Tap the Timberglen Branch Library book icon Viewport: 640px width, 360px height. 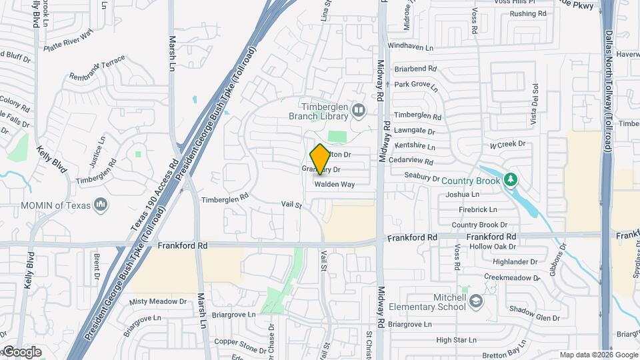(x=359, y=109)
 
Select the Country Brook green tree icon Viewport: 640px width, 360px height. (x=511, y=179)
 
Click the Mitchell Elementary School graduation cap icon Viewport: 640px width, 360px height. (x=475, y=302)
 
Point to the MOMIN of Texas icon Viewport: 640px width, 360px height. (x=101, y=203)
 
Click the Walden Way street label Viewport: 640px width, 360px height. (x=334, y=184)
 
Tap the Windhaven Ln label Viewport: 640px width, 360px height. (x=410, y=47)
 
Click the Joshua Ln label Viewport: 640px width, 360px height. (x=462, y=195)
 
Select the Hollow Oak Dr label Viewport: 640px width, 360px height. (x=492, y=247)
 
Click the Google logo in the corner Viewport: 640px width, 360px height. (x=21, y=352)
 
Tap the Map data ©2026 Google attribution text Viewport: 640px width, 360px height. (x=598, y=355)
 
